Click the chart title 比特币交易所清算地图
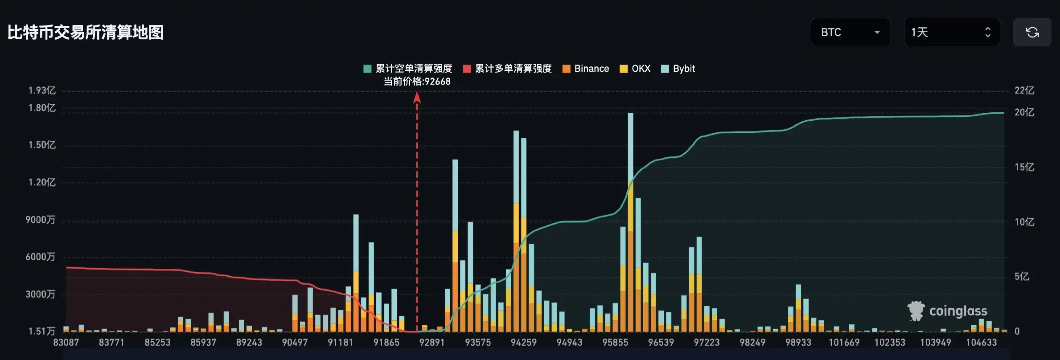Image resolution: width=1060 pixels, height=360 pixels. point(86,33)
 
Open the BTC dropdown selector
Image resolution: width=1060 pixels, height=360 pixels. point(850,32)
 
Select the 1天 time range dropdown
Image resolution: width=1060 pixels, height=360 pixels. point(951,32)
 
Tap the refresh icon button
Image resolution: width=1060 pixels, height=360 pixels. point(1032,32)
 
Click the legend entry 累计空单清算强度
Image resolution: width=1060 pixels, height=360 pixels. point(408,69)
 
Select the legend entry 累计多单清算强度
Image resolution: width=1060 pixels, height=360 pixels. point(508,69)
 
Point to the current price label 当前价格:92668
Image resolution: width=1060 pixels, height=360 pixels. point(417,82)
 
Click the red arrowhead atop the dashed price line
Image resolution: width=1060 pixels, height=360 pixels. point(417,97)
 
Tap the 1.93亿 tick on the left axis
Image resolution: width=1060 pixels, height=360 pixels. point(42,90)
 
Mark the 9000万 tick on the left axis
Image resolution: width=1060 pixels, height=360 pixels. point(40,220)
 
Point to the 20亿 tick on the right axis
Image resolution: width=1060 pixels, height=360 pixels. point(1024,112)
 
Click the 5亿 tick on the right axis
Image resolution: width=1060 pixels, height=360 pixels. point(1022,277)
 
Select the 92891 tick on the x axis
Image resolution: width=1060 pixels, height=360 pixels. point(431,342)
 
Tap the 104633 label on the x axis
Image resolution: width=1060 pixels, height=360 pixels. point(981,342)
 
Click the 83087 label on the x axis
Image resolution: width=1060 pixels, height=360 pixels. point(66,342)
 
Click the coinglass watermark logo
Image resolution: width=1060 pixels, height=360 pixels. point(947,311)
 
